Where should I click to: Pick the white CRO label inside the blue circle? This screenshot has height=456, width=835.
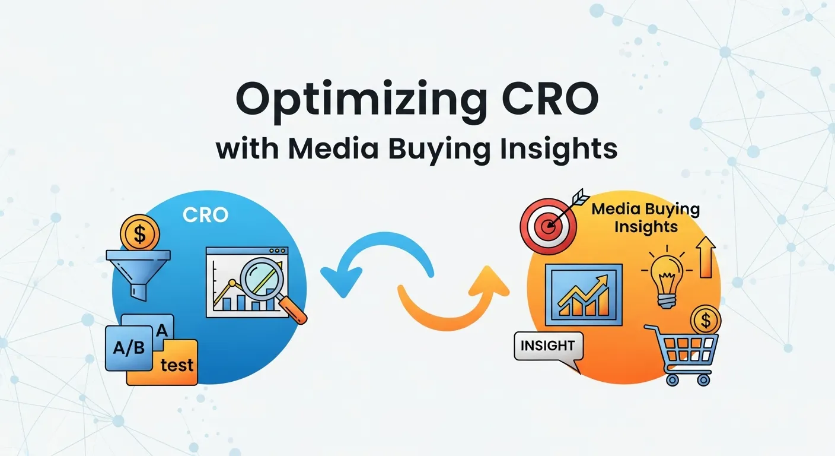[205, 215]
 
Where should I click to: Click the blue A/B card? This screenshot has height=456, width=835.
[129, 348]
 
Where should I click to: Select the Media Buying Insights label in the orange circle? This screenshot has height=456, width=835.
[646, 218]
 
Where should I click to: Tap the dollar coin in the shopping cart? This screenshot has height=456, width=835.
[705, 321]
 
